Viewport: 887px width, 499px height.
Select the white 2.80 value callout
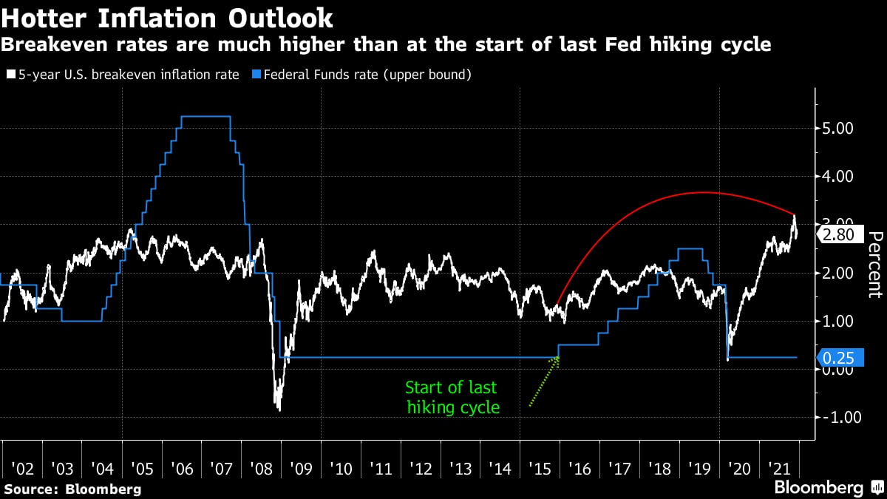click(838, 234)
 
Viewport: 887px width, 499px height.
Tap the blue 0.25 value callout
click(838, 358)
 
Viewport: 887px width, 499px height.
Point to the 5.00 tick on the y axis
click(838, 129)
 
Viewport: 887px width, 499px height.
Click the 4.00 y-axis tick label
click(838, 177)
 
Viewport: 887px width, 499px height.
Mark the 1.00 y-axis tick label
click(838, 321)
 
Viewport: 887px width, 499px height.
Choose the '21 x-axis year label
click(779, 468)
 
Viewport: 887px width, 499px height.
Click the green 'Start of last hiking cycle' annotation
click(452, 397)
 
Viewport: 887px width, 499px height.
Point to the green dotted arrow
click(544, 381)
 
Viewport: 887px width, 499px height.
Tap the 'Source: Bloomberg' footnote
click(72, 489)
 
